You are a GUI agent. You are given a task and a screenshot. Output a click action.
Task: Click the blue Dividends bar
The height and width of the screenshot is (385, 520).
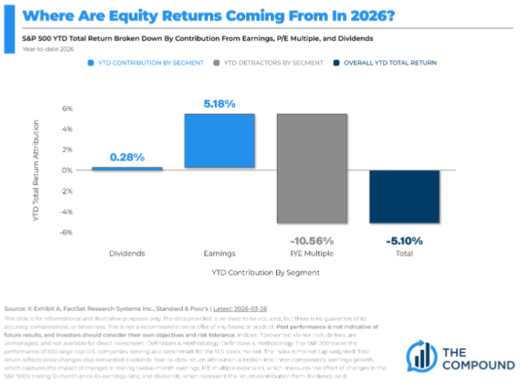point(128,168)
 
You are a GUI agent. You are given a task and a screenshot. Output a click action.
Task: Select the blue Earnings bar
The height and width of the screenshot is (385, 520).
point(219,141)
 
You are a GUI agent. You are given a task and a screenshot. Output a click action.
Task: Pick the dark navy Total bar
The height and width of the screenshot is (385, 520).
point(404,197)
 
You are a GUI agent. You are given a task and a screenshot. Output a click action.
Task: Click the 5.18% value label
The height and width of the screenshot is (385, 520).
point(219,104)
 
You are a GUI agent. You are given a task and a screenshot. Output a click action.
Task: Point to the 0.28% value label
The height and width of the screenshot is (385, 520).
point(127,157)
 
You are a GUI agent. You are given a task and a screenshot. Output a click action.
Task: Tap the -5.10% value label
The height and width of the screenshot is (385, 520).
point(404,241)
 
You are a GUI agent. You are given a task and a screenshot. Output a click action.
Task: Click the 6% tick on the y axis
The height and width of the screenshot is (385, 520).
point(66,109)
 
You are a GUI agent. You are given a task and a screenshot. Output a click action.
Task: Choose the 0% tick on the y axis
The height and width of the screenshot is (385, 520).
point(66,171)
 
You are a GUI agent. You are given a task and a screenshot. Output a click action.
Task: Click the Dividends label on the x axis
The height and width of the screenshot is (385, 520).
point(128,254)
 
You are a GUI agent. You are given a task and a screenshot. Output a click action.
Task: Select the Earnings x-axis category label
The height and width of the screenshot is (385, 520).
point(219,254)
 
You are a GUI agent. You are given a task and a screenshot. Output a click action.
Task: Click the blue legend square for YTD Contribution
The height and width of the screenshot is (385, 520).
point(92,63)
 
